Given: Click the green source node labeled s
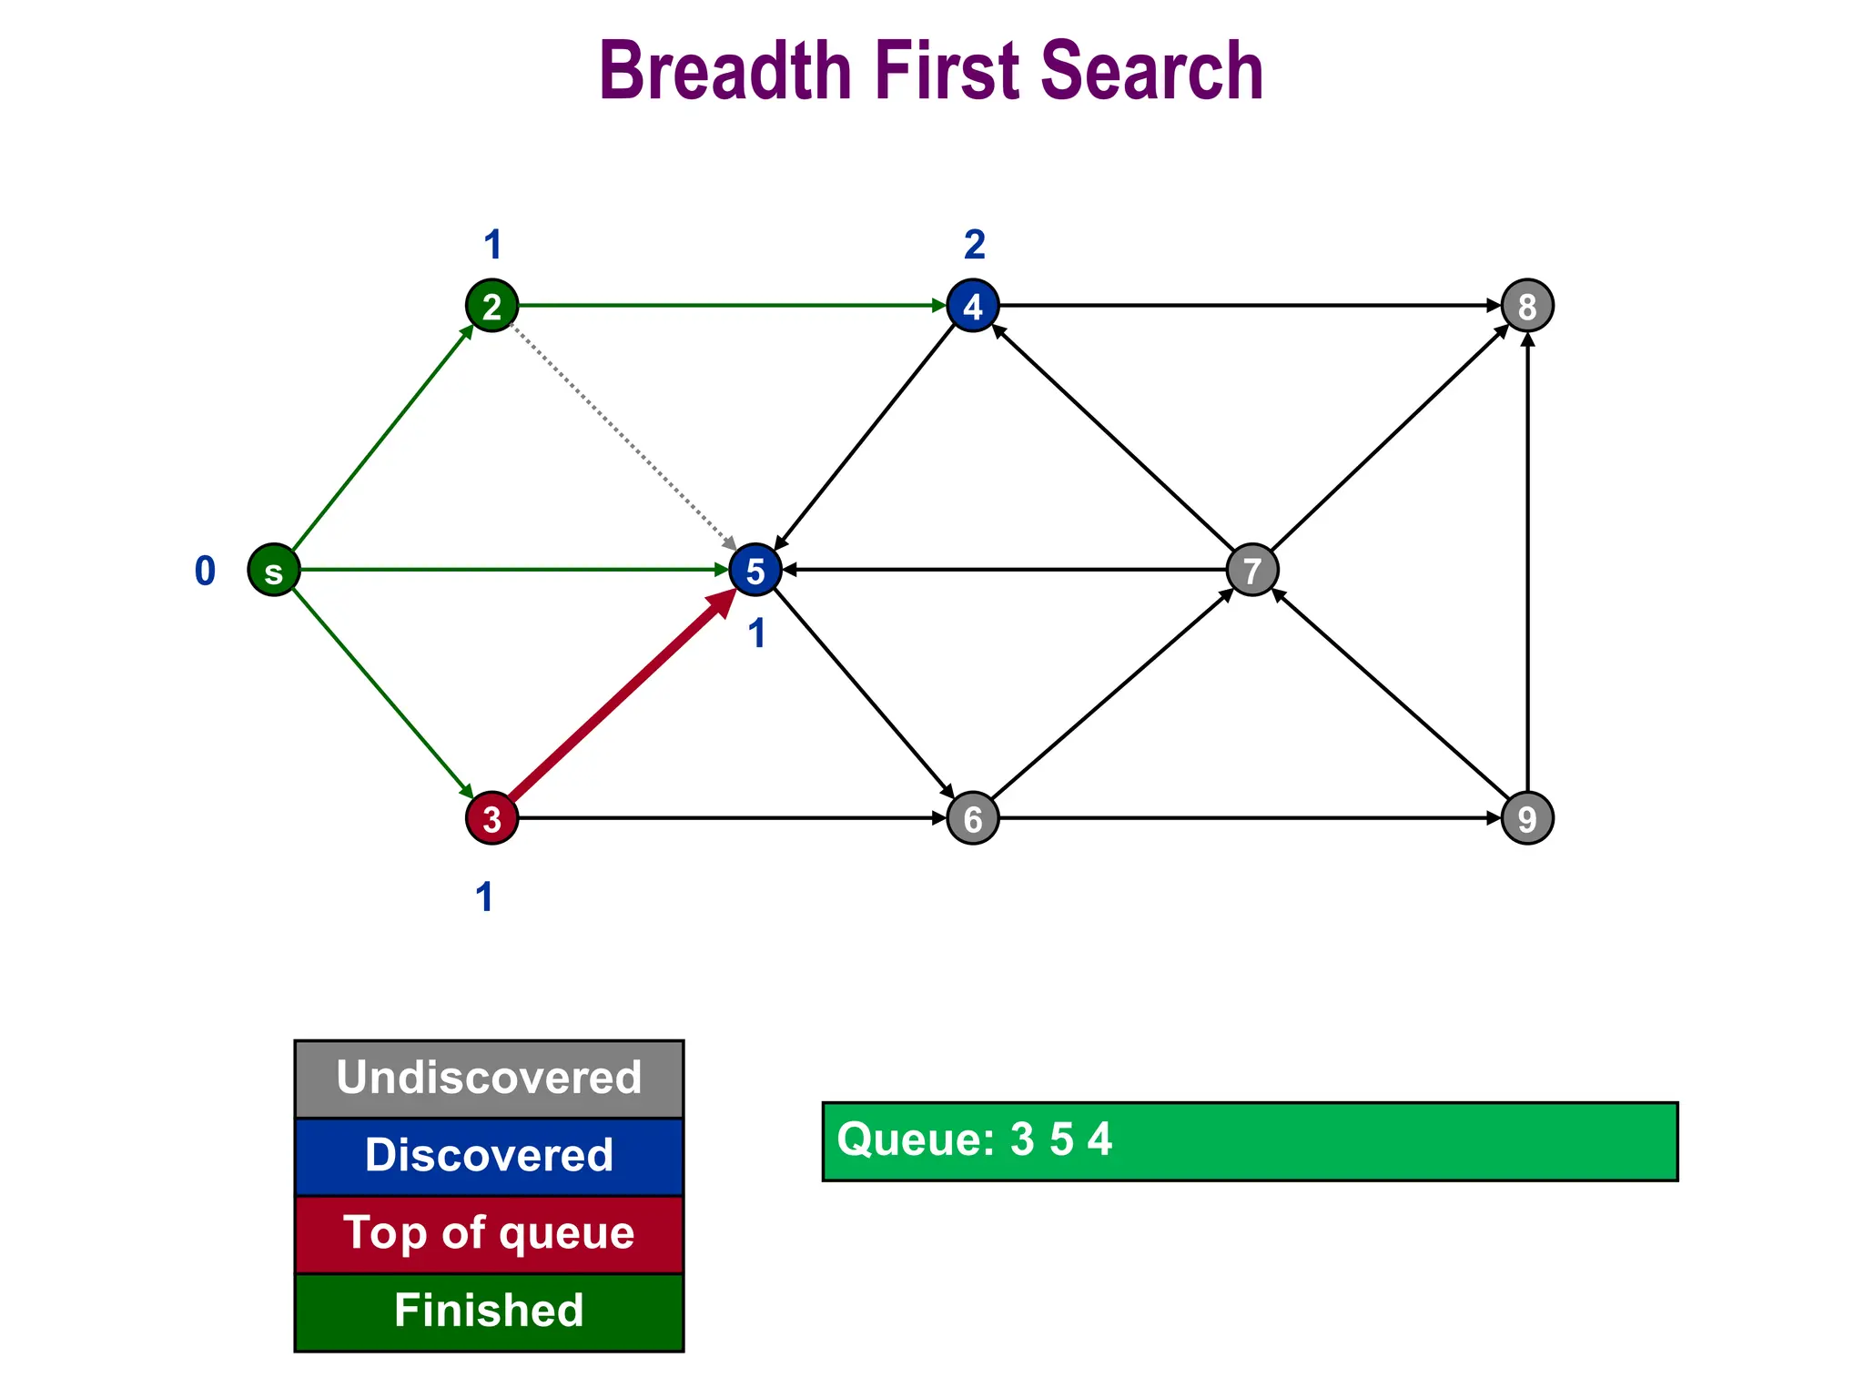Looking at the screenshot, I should tap(274, 571).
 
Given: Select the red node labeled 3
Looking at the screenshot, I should tap(491, 818).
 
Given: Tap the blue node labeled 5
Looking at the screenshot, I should tap(755, 571).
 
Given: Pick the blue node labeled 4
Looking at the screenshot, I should tap(973, 306).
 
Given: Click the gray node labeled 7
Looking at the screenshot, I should tap(1252, 571).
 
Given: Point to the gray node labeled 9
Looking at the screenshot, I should tap(1527, 818).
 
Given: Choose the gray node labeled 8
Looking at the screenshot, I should tap(1527, 306).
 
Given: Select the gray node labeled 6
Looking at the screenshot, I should tap(973, 818).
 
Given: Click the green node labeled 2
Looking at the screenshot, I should tap(491, 306).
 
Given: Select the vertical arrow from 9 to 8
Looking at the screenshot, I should tap(1527, 564).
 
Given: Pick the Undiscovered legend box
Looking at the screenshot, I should tap(489, 1079).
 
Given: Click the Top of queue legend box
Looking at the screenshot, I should tap(489, 1234).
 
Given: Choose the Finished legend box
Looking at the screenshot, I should tap(489, 1312).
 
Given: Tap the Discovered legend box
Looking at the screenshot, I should tap(489, 1156).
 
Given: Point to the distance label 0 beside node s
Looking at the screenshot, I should tap(206, 572).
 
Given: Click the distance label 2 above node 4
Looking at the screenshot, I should tap(974, 245).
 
